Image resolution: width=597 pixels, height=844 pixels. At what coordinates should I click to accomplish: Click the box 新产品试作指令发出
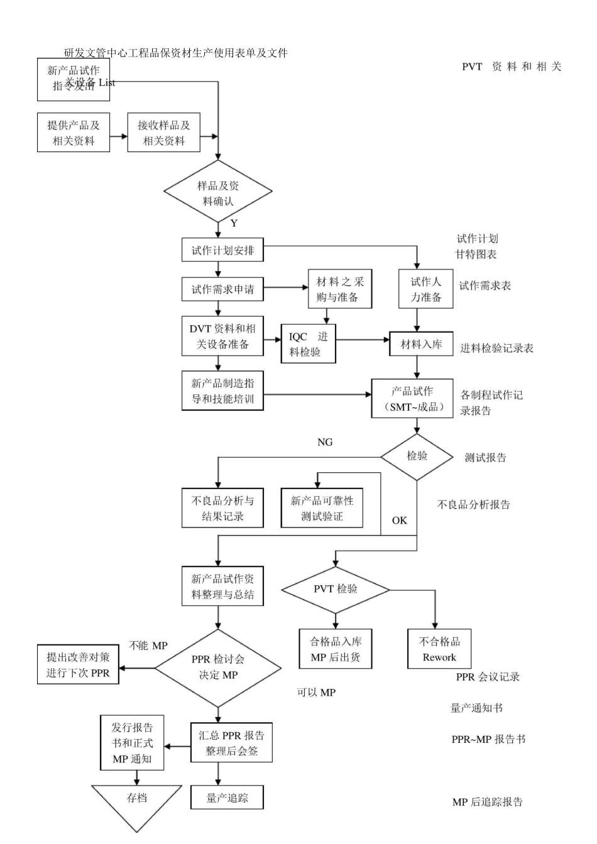(x=73, y=79)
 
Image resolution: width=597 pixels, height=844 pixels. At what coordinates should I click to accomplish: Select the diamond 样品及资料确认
(x=217, y=193)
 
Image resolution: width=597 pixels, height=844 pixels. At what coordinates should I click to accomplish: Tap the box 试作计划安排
(x=222, y=250)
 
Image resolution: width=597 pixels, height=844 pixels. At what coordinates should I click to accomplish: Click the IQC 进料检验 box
(x=308, y=344)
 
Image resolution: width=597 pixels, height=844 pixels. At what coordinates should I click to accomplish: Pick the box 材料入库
(x=421, y=344)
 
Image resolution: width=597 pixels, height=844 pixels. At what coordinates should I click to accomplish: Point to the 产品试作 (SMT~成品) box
(x=412, y=399)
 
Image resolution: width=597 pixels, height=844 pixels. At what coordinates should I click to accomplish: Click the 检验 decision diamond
(x=417, y=456)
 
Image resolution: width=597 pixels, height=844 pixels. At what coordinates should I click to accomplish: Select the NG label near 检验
(x=325, y=442)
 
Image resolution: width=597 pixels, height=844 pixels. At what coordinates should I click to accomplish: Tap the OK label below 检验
(x=399, y=520)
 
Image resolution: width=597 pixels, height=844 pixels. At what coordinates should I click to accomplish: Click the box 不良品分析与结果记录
(x=222, y=508)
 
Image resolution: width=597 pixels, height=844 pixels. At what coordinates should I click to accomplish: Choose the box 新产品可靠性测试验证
(x=322, y=508)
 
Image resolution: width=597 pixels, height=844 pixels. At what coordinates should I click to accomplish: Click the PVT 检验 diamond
(x=335, y=589)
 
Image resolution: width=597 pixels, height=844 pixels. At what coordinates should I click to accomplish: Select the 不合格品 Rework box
(x=439, y=649)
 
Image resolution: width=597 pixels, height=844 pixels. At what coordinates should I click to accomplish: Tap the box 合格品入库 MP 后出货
(x=335, y=649)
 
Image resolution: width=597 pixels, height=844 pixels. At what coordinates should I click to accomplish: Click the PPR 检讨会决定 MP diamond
(x=217, y=668)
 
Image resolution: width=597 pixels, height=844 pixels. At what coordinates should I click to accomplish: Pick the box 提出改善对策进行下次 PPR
(x=78, y=664)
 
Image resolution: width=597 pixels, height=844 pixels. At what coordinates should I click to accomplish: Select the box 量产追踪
(x=227, y=798)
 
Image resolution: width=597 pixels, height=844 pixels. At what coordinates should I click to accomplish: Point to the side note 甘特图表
(x=476, y=254)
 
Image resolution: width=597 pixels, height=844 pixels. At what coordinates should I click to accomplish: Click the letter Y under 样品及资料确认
(x=234, y=224)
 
